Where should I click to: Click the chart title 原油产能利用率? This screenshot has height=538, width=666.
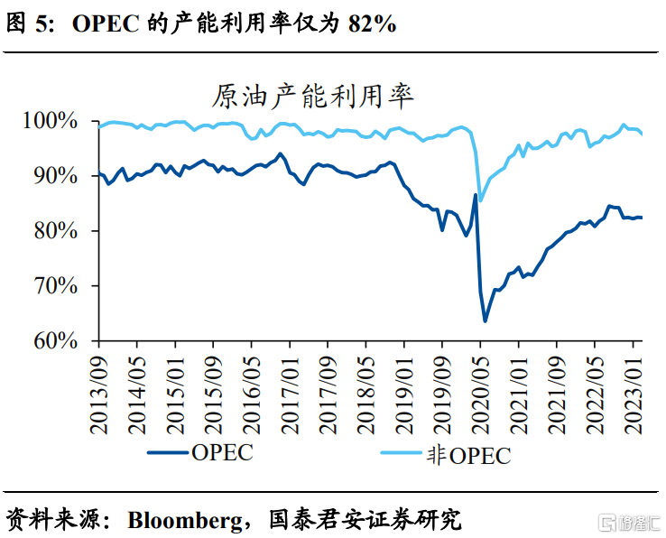312,95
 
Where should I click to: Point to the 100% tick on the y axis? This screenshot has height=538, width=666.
67,121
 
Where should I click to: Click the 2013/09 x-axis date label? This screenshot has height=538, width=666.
99,389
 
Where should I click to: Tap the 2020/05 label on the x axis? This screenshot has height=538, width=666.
480,389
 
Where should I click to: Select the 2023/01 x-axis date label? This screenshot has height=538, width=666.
634,389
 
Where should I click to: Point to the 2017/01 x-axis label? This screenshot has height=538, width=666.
290,389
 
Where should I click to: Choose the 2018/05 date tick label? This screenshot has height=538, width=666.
365,389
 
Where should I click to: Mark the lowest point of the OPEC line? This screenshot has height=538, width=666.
485,321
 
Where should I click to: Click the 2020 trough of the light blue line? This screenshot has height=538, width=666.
481,200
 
